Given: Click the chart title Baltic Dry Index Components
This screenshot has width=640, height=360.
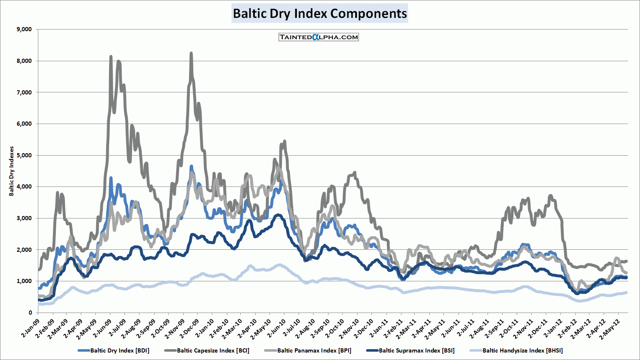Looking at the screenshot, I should (319, 13).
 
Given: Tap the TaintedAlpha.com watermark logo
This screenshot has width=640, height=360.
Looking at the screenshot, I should (319, 37).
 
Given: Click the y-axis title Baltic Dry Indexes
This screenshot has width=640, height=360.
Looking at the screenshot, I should (12, 171).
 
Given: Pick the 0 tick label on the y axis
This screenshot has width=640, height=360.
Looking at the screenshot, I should (30, 313).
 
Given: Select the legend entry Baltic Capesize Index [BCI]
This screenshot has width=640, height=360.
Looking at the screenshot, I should (213, 350).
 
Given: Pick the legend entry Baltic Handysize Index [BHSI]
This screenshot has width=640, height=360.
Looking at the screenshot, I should (522, 350).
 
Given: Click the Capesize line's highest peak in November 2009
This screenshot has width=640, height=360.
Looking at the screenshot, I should (191, 53).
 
